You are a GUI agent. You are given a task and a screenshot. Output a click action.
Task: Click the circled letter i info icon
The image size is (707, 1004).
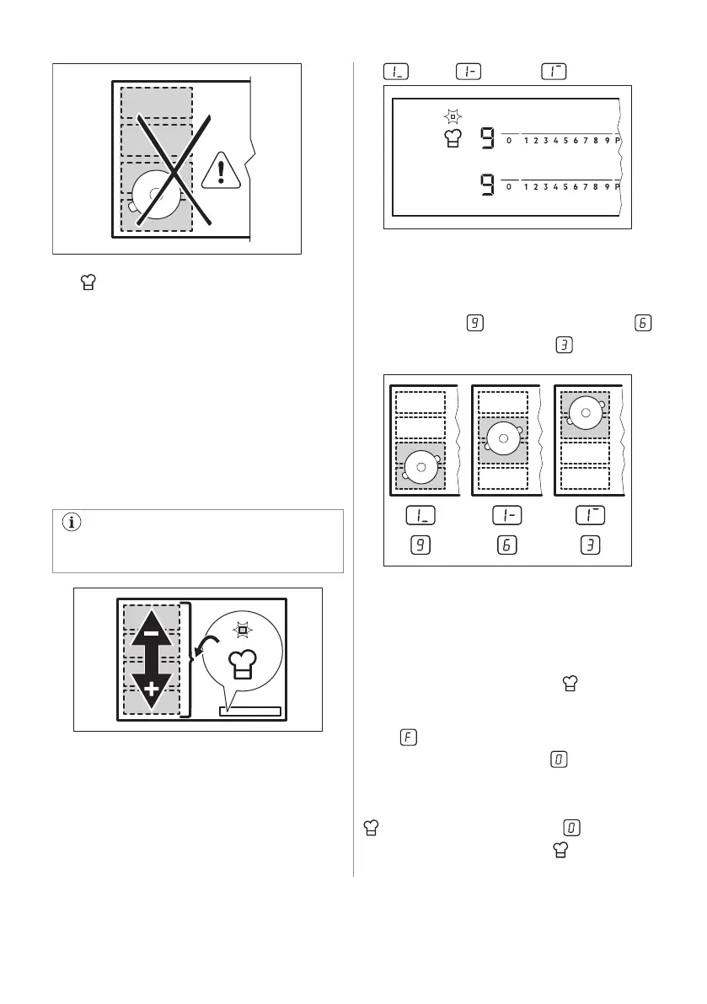pos(72,522)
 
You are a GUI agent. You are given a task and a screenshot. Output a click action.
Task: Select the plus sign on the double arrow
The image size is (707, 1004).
pos(152,690)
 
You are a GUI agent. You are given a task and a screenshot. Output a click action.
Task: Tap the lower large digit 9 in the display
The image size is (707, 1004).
pos(487,185)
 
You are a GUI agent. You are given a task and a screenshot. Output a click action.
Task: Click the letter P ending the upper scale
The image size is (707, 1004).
pos(618,141)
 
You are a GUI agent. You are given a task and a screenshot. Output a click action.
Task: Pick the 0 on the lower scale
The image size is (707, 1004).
pos(509,186)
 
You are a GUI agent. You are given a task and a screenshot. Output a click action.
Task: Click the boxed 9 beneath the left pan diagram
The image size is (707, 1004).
pos(419,546)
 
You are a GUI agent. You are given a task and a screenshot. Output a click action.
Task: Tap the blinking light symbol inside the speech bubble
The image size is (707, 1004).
pos(243,629)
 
